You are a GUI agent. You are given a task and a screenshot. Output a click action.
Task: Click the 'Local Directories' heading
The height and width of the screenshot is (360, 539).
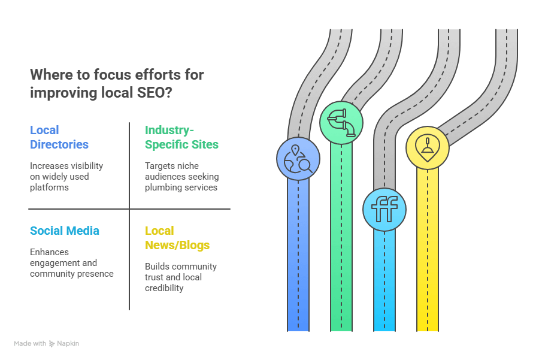coord(59,137)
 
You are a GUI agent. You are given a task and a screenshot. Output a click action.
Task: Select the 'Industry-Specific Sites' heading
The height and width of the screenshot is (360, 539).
coord(181,137)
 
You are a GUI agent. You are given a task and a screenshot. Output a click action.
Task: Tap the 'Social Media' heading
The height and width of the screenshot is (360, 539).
coord(65,231)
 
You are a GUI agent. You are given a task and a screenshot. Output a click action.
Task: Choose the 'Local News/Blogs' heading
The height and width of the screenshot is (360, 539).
coord(177,238)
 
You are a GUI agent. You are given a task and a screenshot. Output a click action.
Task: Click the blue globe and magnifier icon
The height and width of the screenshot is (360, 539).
coord(298,159)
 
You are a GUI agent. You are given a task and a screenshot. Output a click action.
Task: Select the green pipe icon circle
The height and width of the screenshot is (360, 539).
coord(341,123)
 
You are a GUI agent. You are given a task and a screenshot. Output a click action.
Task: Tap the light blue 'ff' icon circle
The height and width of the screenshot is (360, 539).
coord(384,210)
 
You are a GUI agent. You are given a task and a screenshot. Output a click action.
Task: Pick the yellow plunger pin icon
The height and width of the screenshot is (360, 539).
coord(427,147)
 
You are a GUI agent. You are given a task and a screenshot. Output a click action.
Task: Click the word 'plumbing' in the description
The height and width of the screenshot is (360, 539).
coord(163,187)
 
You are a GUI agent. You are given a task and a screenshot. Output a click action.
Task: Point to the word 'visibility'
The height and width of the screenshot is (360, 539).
coord(84,166)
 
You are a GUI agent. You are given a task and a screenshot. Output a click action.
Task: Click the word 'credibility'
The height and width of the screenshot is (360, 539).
coord(163,288)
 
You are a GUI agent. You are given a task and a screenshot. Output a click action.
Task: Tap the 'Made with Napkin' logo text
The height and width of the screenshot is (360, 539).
coord(47,344)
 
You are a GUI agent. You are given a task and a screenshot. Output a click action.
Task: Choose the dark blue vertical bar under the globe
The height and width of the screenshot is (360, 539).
coord(298,258)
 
